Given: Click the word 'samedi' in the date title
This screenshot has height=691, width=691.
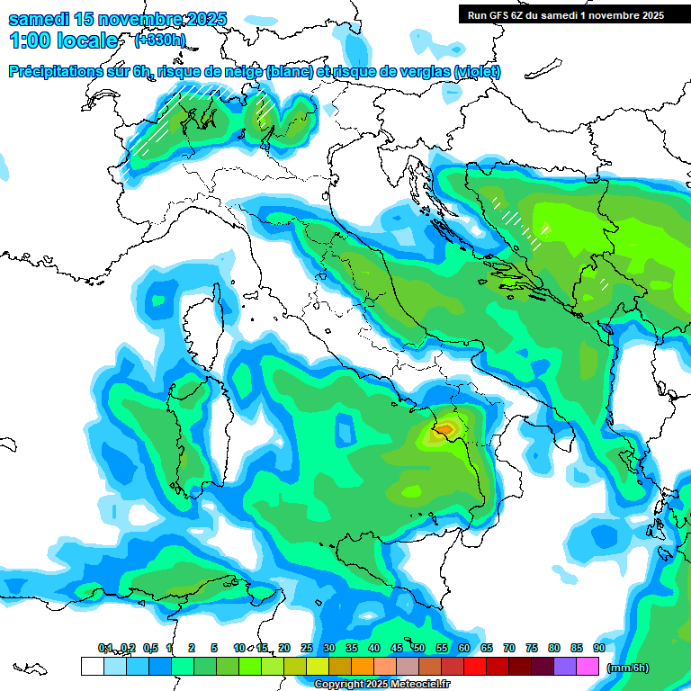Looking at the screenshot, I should coord(37,19).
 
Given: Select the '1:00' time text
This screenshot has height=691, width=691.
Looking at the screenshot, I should coord(30,40).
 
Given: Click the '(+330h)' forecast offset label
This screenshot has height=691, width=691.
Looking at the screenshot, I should coord(160,40).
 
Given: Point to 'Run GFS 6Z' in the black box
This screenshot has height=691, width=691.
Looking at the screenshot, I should coord(498,15).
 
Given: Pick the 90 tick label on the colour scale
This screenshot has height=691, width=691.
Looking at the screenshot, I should coord(598,648).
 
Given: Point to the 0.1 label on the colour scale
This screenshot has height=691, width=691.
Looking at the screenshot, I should coord(104,648).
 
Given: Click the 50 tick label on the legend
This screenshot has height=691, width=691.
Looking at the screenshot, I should coord(419,648).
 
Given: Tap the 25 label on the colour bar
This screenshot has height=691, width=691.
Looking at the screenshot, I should coord(307,648).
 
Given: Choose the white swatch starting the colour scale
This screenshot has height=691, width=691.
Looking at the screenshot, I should coord(92,666).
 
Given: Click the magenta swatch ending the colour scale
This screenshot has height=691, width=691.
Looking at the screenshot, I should coord(587,666).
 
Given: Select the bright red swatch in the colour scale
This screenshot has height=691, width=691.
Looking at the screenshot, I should coord(474,666).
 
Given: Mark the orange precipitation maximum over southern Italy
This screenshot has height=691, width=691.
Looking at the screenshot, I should coord(444,430).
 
